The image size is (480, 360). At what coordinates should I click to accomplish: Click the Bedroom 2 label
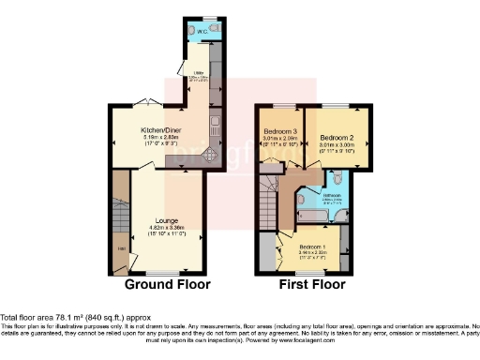[x=335, y=137]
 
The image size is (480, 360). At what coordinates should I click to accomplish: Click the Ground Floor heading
[x=168, y=284]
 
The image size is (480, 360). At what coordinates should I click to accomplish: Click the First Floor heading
[x=314, y=284]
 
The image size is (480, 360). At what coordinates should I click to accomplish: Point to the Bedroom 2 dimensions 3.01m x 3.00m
[x=335, y=145]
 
